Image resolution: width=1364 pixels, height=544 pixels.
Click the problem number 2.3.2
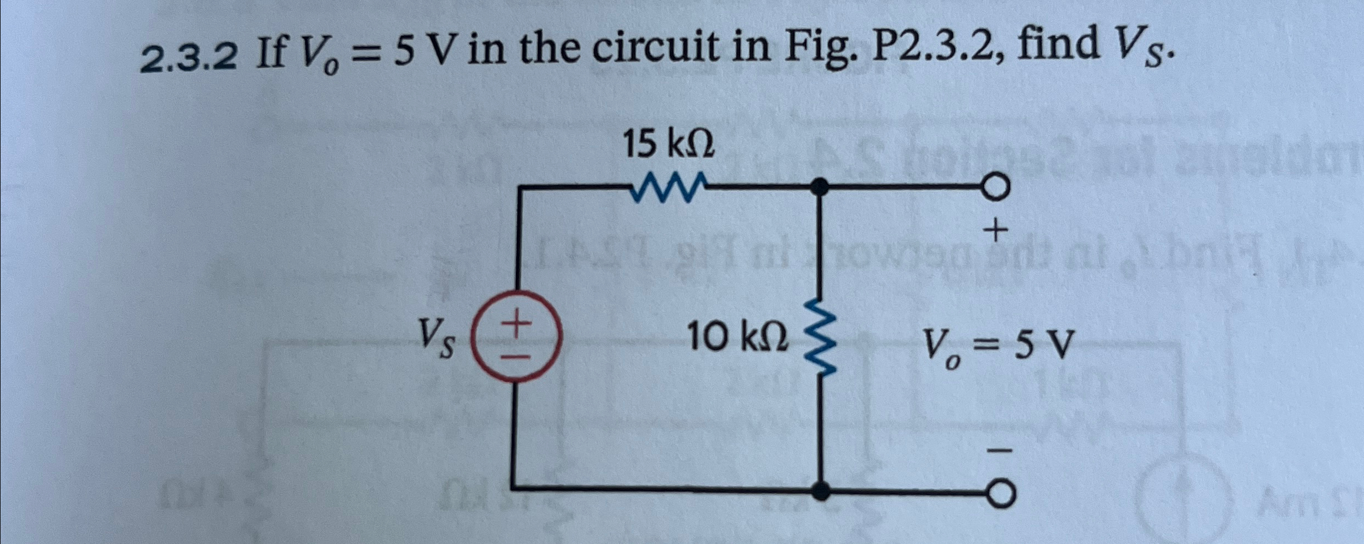(x=189, y=57)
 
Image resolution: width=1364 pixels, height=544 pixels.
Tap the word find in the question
(x=1058, y=46)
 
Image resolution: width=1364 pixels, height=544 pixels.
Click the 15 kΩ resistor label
(x=668, y=146)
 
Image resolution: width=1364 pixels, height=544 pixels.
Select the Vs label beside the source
(x=435, y=338)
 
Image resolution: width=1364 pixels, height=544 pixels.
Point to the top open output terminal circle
(x=999, y=188)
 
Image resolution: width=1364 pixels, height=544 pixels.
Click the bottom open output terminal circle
(x=1000, y=494)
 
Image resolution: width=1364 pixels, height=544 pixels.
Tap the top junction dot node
(x=821, y=187)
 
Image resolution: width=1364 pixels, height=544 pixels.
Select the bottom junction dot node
(x=821, y=490)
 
